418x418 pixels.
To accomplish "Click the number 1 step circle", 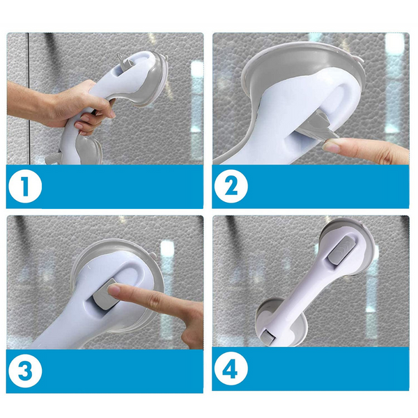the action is click(25, 187).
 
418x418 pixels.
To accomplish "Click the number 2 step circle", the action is click(231, 186).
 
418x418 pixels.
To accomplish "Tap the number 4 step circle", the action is click(231, 369).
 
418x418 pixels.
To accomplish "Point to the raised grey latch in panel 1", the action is click(125, 61).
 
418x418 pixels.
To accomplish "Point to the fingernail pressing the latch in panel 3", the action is click(114, 290).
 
